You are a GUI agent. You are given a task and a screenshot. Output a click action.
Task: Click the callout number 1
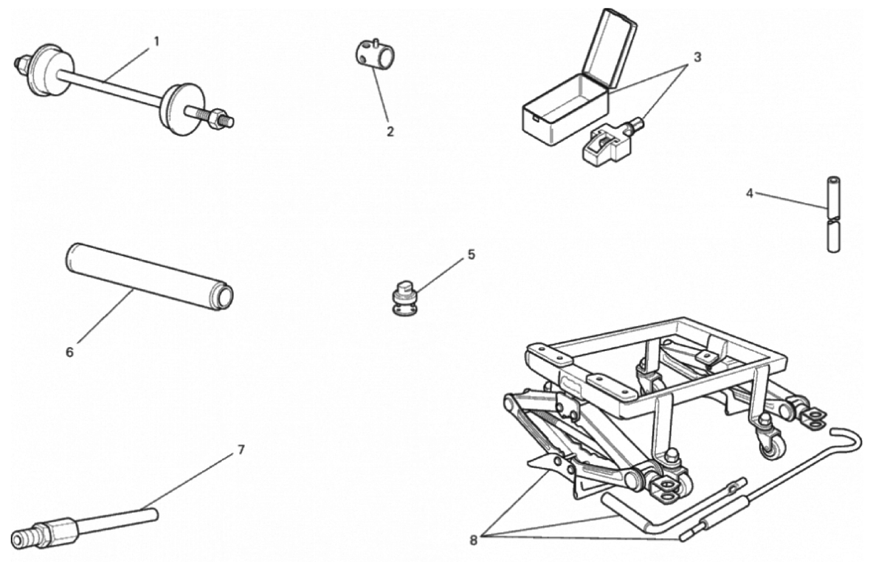156,41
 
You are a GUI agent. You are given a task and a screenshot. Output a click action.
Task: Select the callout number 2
390,131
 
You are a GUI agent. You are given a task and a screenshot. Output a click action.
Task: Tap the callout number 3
698,57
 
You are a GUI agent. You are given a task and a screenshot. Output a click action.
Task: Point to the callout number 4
750,193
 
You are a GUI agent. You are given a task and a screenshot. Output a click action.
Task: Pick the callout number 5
471,255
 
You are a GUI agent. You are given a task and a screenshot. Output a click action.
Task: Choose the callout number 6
70,353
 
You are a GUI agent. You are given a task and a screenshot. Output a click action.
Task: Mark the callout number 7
241,449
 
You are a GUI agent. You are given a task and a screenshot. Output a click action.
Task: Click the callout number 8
474,541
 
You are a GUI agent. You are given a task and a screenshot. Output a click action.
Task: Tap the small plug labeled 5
404,297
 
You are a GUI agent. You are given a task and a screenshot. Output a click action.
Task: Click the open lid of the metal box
609,47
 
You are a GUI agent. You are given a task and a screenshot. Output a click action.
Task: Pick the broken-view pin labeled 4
834,215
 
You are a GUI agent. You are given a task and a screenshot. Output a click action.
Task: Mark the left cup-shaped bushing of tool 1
49,71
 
